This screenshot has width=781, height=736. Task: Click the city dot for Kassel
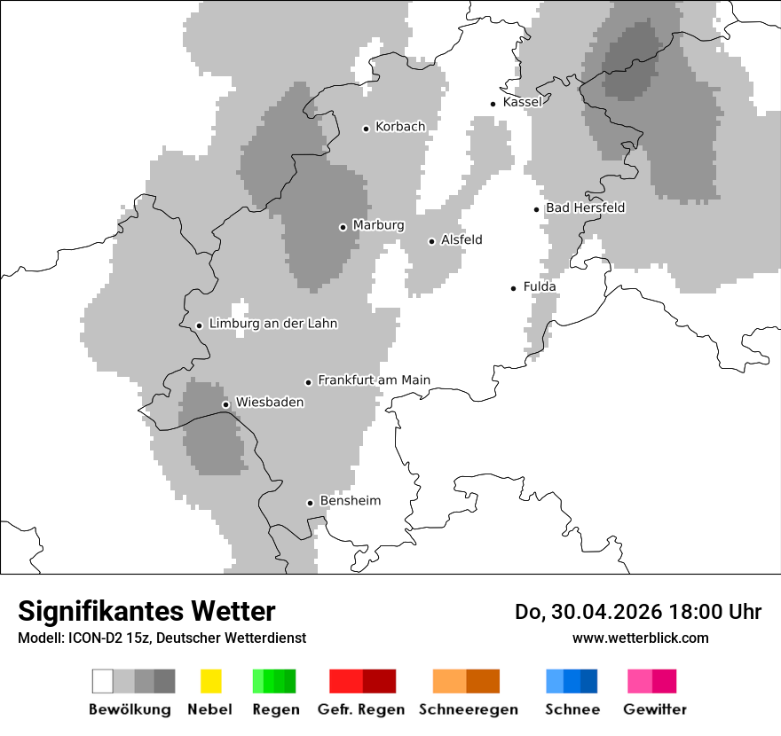coord(493,104)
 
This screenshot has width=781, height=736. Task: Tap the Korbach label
coord(400,127)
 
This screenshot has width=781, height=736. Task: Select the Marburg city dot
coord(343,227)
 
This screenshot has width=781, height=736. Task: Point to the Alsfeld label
coord(461,239)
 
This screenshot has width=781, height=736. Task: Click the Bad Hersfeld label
coord(585,207)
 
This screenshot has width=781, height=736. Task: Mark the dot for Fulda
coord(513,288)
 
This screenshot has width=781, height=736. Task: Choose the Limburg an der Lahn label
coord(272,324)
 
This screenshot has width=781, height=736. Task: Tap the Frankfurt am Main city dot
coord(308,382)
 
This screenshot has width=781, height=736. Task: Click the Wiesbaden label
coord(270,403)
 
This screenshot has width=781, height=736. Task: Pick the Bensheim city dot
coord(310,503)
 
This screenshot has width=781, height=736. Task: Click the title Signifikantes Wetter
coord(146,611)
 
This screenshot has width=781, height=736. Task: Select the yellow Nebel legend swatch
coord(211,681)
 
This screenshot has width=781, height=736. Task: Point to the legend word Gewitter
coord(655,709)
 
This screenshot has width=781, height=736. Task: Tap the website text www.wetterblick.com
coord(640,638)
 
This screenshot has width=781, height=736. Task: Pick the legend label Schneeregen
coord(469,709)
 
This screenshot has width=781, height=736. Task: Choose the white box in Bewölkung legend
coord(102,681)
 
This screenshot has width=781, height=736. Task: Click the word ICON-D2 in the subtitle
coord(93,638)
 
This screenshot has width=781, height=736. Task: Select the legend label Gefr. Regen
coord(361,709)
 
